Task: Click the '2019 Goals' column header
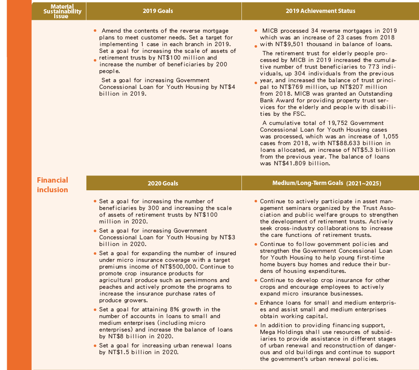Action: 158,11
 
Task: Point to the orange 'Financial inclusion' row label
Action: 53,185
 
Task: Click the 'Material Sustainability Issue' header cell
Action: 59,11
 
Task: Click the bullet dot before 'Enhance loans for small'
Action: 256,303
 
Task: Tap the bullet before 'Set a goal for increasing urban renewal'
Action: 95,345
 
